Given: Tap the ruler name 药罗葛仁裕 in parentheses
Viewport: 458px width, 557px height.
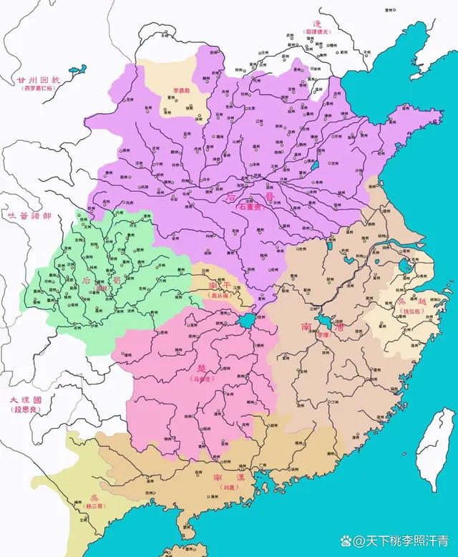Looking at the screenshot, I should point(39,90).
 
